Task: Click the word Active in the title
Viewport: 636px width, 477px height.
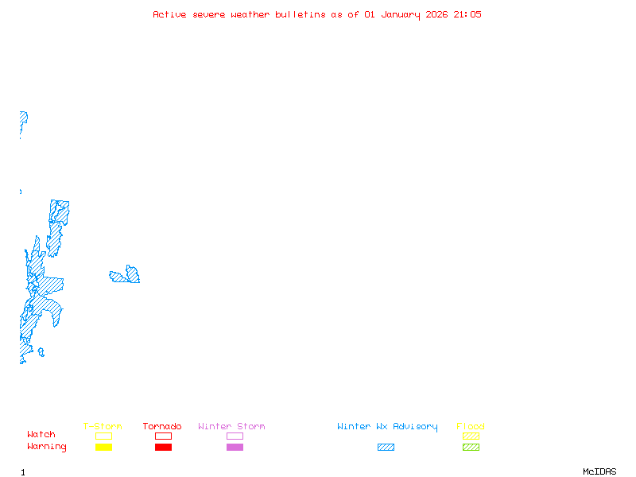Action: (x=170, y=14)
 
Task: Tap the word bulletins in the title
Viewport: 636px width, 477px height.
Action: (x=300, y=14)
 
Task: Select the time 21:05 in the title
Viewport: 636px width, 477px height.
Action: (x=467, y=14)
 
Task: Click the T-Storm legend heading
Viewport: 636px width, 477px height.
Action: (x=103, y=427)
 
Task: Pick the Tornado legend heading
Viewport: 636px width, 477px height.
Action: (x=162, y=427)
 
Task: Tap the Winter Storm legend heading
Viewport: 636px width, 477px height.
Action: (x=231, y=427)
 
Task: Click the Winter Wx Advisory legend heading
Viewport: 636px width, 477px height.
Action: (x=387, y=427)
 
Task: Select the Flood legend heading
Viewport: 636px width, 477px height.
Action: (x=471, y=427)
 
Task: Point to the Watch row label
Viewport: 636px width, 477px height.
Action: (x=41, y=435)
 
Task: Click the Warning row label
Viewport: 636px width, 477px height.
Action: (x=47, y=447)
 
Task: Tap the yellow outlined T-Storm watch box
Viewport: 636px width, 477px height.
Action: (x=103, y=436)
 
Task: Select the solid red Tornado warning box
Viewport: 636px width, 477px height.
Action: (x=163, y=447)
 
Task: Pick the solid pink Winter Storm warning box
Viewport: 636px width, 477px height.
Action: (x=235, y=447)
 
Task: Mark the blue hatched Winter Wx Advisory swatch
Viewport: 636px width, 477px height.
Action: (x=386, y=447)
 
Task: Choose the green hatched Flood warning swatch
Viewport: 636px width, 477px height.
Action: (x=471, y=447)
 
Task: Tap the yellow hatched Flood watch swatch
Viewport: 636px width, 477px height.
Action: (x=471, y=436)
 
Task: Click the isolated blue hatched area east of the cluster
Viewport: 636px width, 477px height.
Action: (x=126, y=277)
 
